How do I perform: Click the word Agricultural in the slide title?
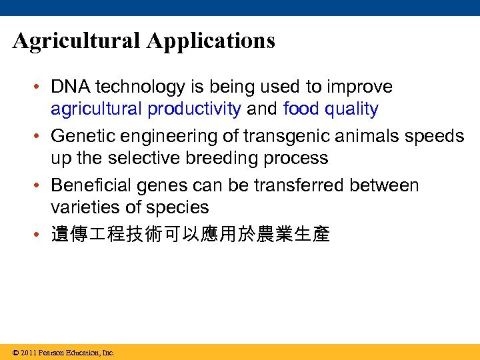point(77,41)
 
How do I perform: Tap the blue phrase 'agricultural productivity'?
point(146,109)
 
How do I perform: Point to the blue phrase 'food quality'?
point(331,109)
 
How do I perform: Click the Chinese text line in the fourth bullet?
point(190,235)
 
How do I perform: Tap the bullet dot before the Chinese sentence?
point(40,235)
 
